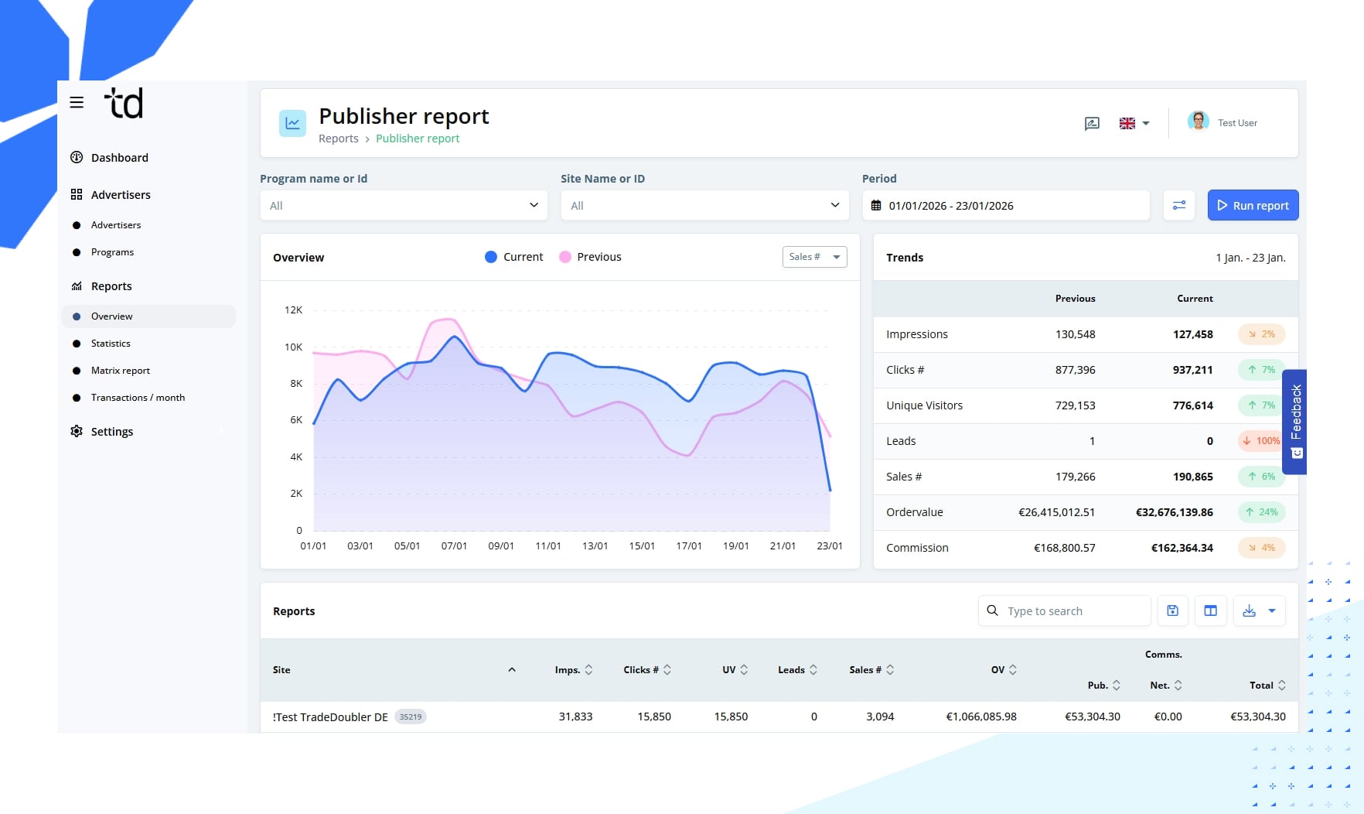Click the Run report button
(1253, 206)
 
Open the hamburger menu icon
(77, 102)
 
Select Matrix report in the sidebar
(120, 371)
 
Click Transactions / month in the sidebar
(138, 398)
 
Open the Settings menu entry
(111, 432)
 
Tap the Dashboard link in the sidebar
(119, 158)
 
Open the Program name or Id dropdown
(404, 206)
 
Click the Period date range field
(1005, 206)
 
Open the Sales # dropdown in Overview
(814, 257)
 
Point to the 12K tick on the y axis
(294, 310)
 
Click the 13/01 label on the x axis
(595, 546)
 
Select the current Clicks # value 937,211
(1192, 370)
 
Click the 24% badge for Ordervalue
(1261, 512)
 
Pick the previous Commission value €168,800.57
(1064, 548)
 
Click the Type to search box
(1071, 611)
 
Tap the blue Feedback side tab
(1295, 421)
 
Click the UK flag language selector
(1134, 124)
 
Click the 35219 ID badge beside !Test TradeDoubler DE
(411, 717)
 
